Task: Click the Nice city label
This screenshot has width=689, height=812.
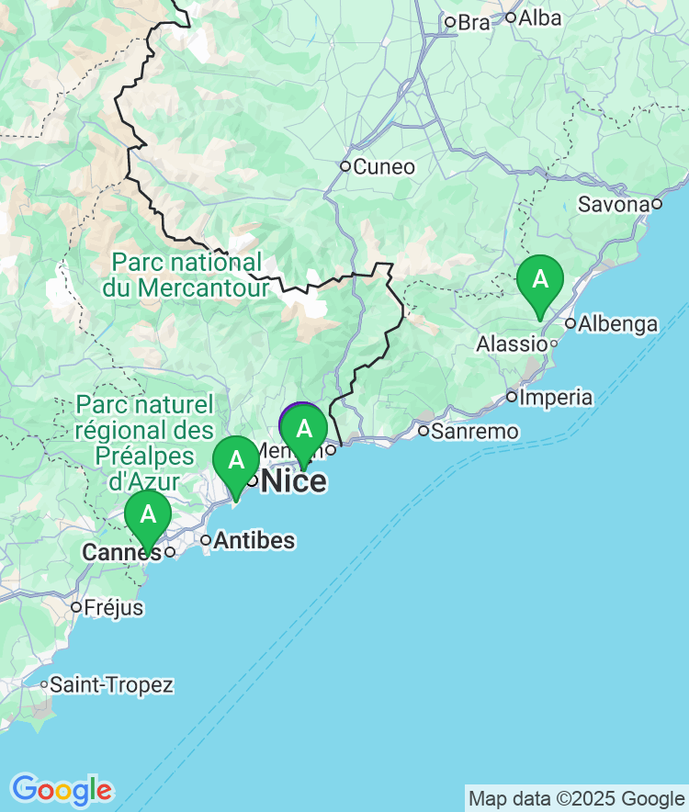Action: click(x=294, y=480)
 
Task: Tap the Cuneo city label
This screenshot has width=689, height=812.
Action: click(x=384, y=167)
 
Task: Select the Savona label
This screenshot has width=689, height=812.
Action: click(x=614, y=204)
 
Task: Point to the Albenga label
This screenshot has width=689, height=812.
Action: click(x=617, y=324)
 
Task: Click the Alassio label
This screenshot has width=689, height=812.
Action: click(x=512, y=344)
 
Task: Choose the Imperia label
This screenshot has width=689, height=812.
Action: click(x=556, y=398)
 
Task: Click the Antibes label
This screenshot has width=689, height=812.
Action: click(x=254, y=540)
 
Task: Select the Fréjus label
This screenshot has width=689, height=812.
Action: click(x=113, y=607)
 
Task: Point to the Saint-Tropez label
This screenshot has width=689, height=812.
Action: click(x=111, y=684)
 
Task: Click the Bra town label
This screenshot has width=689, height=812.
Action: click(x=474, y=23)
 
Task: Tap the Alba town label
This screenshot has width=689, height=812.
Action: click(x=539, y=17)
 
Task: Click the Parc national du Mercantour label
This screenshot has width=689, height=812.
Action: click(x=190, y=275)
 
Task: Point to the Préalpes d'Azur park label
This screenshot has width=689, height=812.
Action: click(x=144, y=442)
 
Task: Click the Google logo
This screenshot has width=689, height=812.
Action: click(x=62, y=789)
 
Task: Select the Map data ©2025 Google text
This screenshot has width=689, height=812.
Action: click(x=576, y=798)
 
